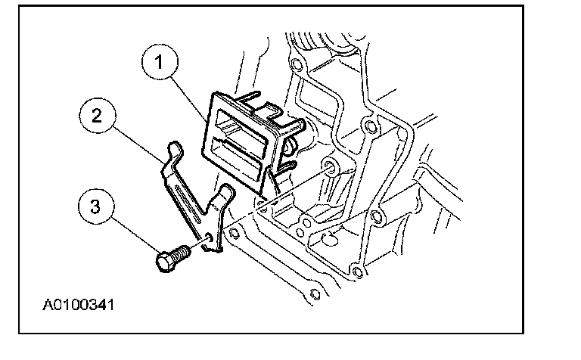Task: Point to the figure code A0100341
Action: pos(79,306)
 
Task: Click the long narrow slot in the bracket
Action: pos(187,204)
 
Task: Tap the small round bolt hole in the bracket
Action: pos(209,236)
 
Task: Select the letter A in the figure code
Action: pos(46,306)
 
